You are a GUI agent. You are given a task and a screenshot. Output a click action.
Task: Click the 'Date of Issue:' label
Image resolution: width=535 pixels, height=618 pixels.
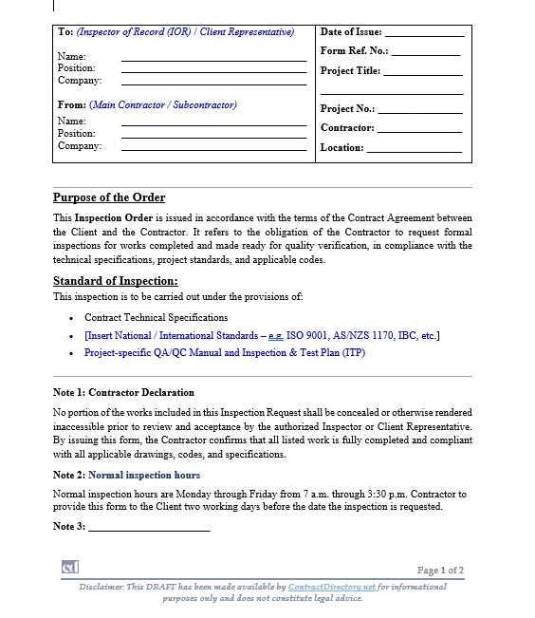pyautogui.click(x=351, y=32)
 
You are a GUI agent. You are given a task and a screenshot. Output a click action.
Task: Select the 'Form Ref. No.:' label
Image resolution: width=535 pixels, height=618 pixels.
pyautogui.click(x=355, y=51)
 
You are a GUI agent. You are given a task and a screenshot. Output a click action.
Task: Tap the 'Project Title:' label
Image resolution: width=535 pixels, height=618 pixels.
pyautogui.click(x=350, y=71)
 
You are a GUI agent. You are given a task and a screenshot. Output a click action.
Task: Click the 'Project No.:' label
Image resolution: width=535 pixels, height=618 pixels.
pyautogui.click(x=347, y=109)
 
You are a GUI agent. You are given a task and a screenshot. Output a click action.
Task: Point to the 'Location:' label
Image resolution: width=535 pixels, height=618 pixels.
pyautogui.click(x=341, y=148)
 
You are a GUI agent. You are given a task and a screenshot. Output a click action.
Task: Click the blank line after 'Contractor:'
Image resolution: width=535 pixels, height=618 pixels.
pyautogui.click(x=419, y=130)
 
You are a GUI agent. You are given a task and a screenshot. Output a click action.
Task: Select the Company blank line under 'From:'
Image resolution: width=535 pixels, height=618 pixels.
pyautogui.click(x=213, y=148)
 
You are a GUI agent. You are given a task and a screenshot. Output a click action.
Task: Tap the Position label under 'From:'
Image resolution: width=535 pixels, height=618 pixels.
pyautogui.click(x=76, y=134)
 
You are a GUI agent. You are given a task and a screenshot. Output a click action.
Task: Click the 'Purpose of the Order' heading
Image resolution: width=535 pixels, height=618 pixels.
pyautogui.click(x=109, y=198)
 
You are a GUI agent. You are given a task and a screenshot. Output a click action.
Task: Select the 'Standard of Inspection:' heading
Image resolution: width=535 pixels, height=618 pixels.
pyautogui.click(x=115, y=281)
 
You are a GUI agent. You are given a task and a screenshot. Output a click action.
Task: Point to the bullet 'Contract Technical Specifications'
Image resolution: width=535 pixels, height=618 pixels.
pyautogui.click(x=156, y=318)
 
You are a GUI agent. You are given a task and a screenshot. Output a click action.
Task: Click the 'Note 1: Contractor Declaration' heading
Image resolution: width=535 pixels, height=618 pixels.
pyautogui.click(x=123, y=392)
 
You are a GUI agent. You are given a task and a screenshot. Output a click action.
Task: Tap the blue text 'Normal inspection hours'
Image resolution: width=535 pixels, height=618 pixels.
pyautogui.click(x=144, y=475)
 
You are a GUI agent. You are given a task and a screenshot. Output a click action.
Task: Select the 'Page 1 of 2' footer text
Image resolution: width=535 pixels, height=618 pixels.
pyautogui.click(x=440, y=571)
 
